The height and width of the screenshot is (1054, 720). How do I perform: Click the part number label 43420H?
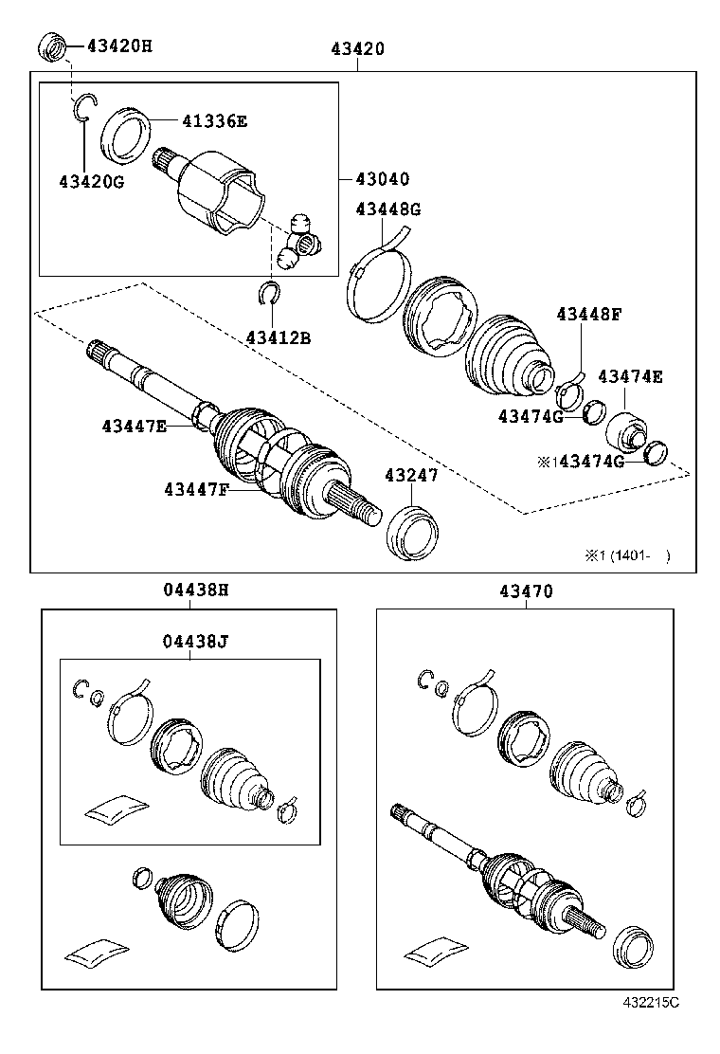(x=118, y=45)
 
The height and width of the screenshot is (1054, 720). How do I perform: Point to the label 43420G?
(x=91, y=182)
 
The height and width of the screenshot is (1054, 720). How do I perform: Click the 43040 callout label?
(x=382, y=179)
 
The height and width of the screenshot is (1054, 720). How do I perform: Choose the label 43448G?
(x=387, y=209)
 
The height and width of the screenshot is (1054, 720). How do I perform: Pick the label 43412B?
(x=278, y=336)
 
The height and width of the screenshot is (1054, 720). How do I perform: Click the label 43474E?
(x=629, y=376)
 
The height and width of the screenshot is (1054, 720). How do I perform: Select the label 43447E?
(x=135, y=427)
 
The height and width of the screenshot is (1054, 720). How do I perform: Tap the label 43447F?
(x=196, y=489)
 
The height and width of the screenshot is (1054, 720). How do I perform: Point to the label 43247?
(x=411, y=475)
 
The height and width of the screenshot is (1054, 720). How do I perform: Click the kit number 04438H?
(x=189, y=590)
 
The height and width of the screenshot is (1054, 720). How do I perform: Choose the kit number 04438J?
(x=189, y=641)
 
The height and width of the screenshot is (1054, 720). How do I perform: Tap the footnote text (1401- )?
(x=630, y=555)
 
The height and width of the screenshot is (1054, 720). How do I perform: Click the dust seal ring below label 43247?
(x=415, y=533)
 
